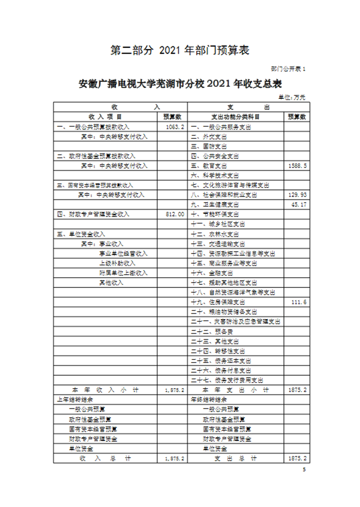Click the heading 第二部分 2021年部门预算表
click(180, 50)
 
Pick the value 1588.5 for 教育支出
click(298, 166)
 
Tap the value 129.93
click(298, 195)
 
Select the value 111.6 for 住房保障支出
click(299, 302)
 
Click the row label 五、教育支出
click(209, 166)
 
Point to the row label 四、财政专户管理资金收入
click(93, 214)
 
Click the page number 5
click(304, 470)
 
